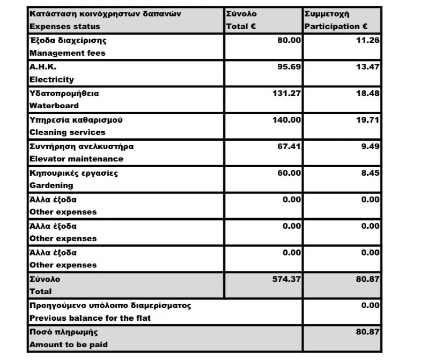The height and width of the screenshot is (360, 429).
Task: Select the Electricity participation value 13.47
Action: [x=367, y=67]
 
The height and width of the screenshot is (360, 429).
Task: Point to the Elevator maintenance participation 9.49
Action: [x=369, y=146]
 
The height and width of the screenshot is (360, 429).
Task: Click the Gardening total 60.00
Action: [x=289, y=173]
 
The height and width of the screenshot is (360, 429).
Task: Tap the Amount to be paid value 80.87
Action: [x=367, y=332]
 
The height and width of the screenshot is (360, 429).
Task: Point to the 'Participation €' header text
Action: [x=335, y=26]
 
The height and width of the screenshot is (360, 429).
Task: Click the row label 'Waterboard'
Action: [x=54, y=106]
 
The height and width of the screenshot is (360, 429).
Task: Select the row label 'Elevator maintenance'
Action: [x=76, y=159]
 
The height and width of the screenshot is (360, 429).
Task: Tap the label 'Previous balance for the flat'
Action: [x=90, y=318]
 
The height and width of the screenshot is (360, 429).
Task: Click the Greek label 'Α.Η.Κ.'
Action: [x=43, y=67]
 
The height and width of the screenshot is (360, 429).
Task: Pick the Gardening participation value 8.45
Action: [x=369, y=173]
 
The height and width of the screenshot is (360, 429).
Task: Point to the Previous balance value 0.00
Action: [x=369, y=305]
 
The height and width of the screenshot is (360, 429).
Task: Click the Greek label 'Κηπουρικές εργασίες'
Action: [x=73, y=173]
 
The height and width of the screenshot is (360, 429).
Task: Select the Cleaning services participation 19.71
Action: [x=367, y=120]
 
